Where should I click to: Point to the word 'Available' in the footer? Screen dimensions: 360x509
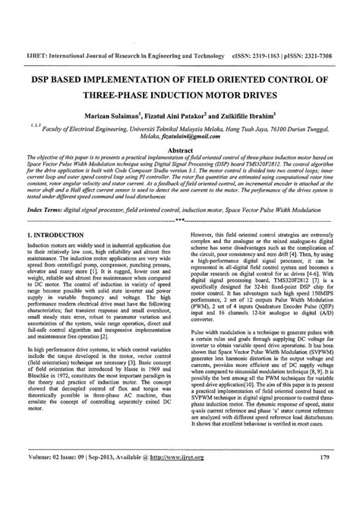150,479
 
